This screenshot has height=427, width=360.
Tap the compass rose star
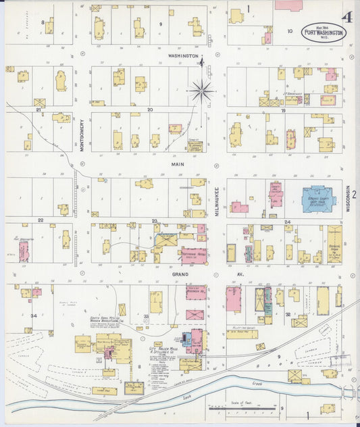201,89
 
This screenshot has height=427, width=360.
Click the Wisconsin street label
348,199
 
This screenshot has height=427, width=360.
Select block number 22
41,220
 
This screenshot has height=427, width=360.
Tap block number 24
287,222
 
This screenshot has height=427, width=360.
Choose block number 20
150,109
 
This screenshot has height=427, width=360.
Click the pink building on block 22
24,251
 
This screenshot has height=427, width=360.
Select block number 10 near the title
290,31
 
